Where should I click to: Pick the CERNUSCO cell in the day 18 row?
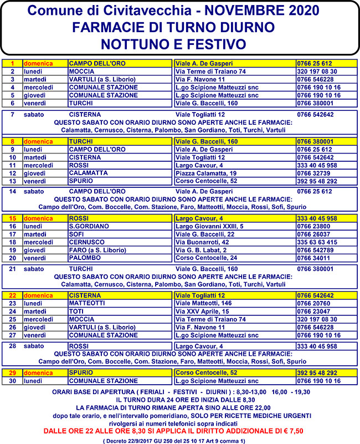(x=86, y=242)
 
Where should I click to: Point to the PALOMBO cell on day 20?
(x=84, y=258)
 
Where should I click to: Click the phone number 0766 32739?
(x=313, y=173)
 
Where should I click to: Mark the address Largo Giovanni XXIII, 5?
(x=209, y=226)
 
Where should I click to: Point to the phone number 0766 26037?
(x=313, y=234)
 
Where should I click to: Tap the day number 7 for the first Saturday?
(x=12, y=115)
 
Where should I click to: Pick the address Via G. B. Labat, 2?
(x=201, y=250)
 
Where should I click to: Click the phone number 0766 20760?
(x=313, y=304)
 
